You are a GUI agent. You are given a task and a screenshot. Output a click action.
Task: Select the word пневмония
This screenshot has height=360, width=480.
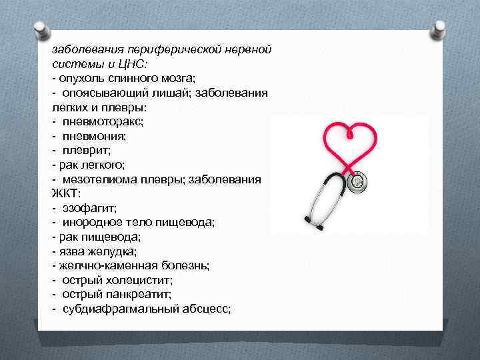(94, 136)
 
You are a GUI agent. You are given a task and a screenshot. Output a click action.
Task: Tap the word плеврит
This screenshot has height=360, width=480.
(88, 150)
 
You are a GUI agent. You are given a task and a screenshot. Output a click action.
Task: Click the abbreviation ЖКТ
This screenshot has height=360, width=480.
(65, 193)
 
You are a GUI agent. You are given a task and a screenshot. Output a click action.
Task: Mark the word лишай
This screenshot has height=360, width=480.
(175, 93)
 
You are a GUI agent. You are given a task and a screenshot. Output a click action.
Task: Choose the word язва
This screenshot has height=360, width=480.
(73, 251)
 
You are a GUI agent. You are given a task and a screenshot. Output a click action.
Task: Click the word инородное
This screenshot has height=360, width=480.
(91, 223)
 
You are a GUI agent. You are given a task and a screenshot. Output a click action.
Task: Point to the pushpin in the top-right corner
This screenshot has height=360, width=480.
(441, 29)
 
